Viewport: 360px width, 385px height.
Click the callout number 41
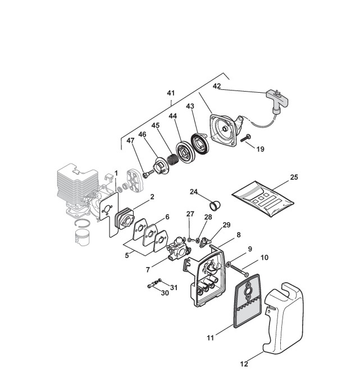pyautogui.click(x=171, y=92)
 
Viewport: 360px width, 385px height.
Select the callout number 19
pyautogui.click(x=260, y=150)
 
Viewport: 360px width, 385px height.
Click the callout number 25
pyautogui.click(x=294, y=177)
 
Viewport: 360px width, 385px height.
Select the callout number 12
pyautogui.click(x=244, y=364)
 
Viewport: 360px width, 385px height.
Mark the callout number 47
pyautogui.click(x=130, y=141)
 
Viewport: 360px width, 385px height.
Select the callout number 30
pyautogui.click(x=165, y=293)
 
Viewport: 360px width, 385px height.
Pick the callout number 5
pyautogui.click(x=127, y=255)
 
